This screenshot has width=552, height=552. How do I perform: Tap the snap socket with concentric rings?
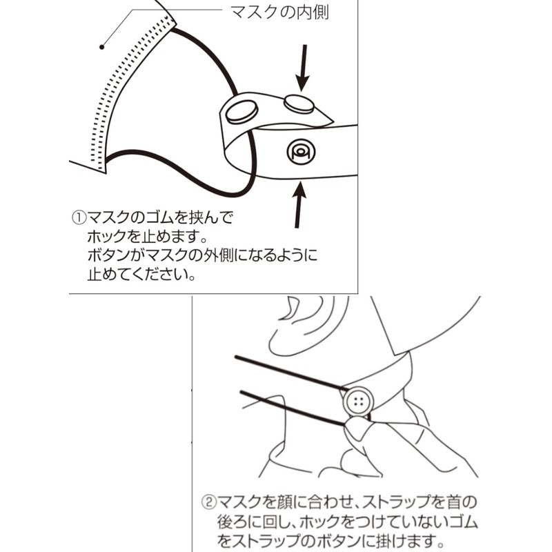coord(300,151)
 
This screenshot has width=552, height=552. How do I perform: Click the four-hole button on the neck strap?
coord(357,402)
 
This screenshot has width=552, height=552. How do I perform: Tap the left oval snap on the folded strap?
coord(242,111)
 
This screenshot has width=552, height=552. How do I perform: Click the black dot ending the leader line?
coord(102,47)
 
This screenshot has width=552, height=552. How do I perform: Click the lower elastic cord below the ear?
coord(290,407)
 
